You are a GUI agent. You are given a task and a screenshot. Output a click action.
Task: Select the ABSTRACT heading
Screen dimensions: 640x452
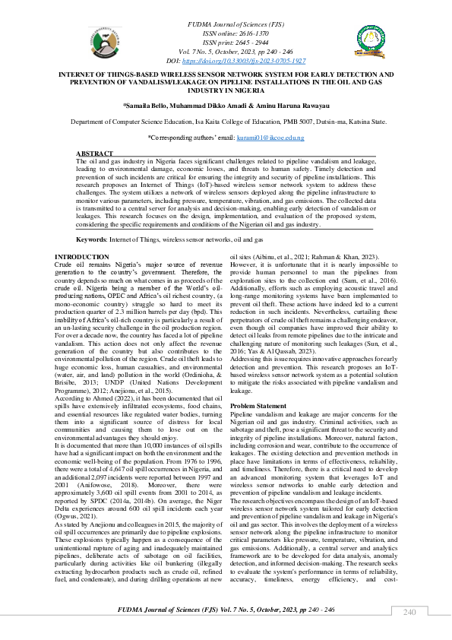tap(95, 154)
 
